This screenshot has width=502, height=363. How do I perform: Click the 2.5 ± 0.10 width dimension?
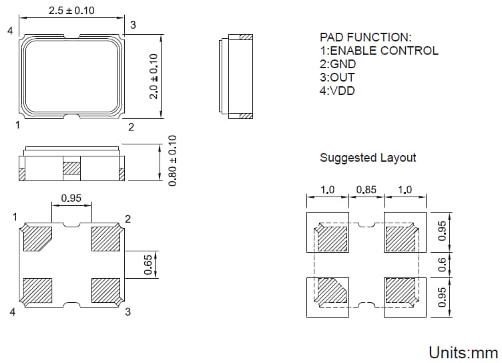click(x=71, y=11)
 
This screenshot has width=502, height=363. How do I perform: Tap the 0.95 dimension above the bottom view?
click(x=71, y=198)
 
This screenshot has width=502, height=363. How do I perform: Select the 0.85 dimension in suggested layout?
click(x=366, y=190)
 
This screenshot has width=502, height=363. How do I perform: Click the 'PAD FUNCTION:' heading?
click(x=365, y=37)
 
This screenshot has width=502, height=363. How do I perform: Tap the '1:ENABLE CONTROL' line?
click(x=379, y=51)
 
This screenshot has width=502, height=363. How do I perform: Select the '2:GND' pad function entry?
click(x=338, y=64)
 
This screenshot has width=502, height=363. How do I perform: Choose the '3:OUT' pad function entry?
click(x=338, y=78)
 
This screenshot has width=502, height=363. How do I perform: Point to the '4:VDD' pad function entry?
click(x=338, y=91)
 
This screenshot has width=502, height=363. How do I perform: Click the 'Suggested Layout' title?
click(x=367, y=158)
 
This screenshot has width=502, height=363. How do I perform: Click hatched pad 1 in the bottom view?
click(x=37, y=239)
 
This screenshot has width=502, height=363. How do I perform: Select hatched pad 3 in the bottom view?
click(x=105, y=290)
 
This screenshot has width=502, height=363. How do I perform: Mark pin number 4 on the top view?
click(x=10, y=31)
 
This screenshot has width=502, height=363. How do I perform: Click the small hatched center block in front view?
click(x=71, y=168)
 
